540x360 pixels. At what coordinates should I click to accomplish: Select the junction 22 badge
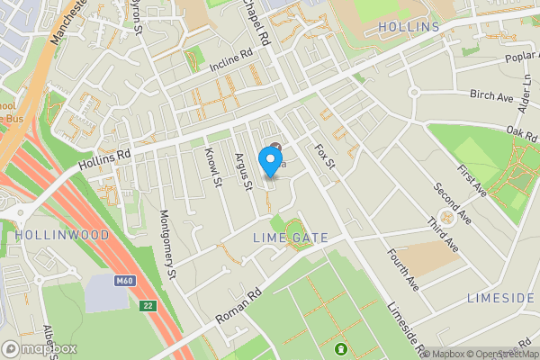[148, 306]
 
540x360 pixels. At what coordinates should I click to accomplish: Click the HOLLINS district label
[409, 27]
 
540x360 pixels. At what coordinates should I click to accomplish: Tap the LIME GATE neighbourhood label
[290, 238]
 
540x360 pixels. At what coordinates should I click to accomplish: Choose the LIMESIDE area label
[500, 297]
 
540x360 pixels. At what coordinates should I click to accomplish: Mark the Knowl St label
[213, 167]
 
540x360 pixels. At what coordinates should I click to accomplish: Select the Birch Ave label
[491, 94]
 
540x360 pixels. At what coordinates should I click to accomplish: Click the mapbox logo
[39, 348]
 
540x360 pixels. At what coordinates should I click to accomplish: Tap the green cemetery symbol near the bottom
[341, 348]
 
